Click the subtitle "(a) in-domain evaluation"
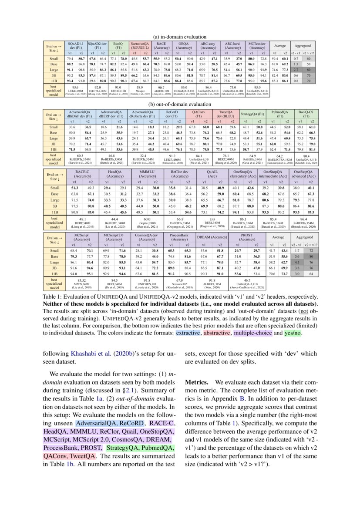click(180, 37)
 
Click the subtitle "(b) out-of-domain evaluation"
click(180, 104)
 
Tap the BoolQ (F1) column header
click(117, 46)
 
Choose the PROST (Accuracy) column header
click(247, 237)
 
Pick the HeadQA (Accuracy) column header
click(114, 175)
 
